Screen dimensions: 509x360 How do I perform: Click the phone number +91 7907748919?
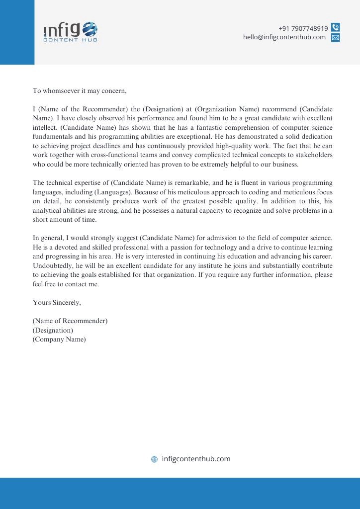point(303,28)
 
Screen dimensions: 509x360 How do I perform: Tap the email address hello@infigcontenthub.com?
point(284,37)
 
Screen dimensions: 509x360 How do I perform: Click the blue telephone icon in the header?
point(336,28)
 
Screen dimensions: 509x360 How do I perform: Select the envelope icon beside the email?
point(336,38)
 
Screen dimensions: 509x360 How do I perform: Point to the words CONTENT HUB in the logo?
point(70,40)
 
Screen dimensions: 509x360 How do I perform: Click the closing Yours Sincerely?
point(57,302)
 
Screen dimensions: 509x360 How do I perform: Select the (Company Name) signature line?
point(59,339)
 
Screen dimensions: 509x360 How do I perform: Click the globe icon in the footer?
point(154,459)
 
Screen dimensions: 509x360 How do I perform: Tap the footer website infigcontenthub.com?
point(196,459)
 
